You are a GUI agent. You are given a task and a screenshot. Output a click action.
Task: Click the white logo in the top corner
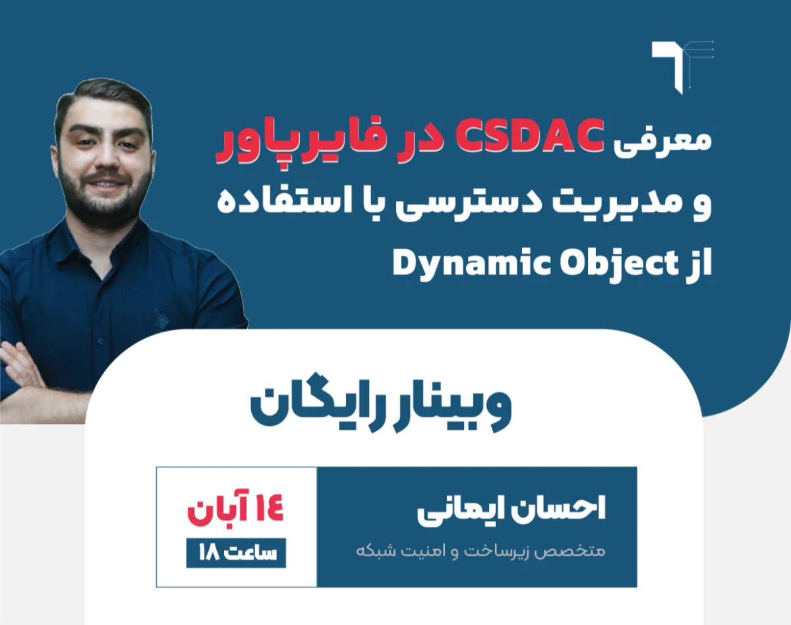682,66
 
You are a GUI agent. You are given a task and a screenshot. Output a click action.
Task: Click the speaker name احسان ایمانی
511,511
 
